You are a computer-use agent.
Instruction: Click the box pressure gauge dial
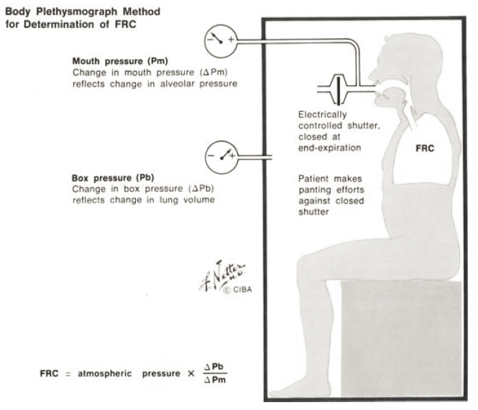tap(220, 154)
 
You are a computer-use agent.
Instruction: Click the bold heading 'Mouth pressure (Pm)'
tap(118, 60)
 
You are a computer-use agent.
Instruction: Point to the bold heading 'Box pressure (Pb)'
tap(111, 177)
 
